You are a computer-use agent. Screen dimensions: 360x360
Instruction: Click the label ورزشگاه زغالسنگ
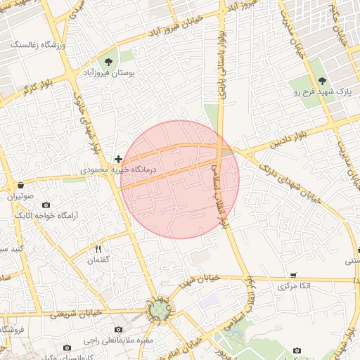(38, 45)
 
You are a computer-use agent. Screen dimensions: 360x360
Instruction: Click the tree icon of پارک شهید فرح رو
(322, 80)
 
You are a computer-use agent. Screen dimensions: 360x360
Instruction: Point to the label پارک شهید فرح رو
(322, 92)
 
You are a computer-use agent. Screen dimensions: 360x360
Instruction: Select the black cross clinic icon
(118, 160)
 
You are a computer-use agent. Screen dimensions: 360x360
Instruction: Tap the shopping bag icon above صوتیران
(21, 186)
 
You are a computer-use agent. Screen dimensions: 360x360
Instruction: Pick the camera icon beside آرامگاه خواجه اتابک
(8, 214)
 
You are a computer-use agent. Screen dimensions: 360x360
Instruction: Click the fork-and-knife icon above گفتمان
(98, 249)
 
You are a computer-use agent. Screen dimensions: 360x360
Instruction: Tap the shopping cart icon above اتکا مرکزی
(293, 275)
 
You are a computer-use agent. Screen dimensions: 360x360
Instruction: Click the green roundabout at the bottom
(158, 309)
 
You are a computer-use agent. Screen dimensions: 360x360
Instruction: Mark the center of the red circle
(180, 179)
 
